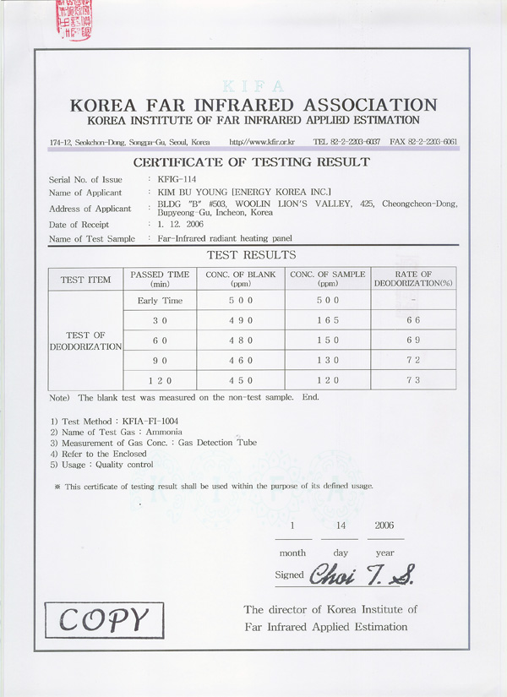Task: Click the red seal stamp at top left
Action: [73, 20]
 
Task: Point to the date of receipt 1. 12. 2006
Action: [177, 224]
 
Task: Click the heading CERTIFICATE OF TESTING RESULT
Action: [252, 161]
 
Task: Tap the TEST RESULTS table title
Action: [252, 254]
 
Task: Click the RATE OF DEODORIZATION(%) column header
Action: [413, 279]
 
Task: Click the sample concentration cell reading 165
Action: [328, 320]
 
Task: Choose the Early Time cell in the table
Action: [160, 301]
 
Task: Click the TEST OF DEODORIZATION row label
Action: [85, 340]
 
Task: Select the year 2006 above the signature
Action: [384, 525]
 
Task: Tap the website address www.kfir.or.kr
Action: [263, 141]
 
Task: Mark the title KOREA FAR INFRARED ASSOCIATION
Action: [253, 106]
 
